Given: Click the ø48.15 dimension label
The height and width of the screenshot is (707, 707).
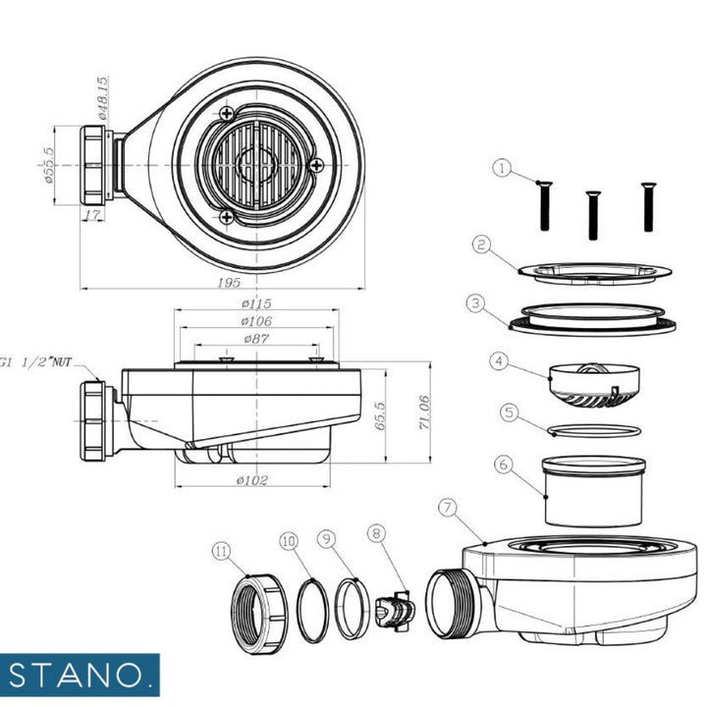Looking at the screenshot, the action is (x=103, y=98).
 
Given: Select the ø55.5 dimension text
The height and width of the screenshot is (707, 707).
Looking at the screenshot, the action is (x=49, y=165).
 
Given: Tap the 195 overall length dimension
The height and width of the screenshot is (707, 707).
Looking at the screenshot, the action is (x=229, y=283).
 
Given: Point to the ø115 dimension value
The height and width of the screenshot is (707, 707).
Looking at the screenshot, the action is (x=256, y=303).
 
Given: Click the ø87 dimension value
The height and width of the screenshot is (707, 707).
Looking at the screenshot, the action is (x=256, y=338).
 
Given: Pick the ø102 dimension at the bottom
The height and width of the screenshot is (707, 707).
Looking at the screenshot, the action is (x=252, y=480).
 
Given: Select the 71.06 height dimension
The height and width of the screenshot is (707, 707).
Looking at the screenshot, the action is (x=425, y=412).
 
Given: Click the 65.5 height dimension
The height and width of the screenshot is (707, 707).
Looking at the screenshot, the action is (x=381, y=415).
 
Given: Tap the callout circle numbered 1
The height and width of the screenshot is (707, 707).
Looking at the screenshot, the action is (x=502, y=169).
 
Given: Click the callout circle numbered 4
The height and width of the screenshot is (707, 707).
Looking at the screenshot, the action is (x=499, y=360).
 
